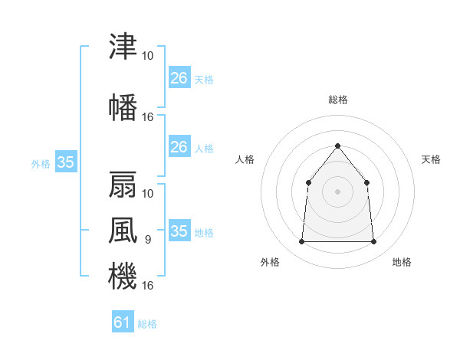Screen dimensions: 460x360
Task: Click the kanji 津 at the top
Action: (x=123, y=46)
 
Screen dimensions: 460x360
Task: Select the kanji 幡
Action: (x=123, y=107)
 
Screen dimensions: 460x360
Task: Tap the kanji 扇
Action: (x=123, y=185)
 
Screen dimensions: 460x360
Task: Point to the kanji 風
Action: (x=123, y=230)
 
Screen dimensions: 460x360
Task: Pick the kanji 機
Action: (x=123, y=276)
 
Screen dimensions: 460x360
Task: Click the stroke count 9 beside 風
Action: (x=148, y=240)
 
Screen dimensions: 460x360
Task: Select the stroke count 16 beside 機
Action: (x=147, y=285)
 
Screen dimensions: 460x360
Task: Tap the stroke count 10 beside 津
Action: (x=147, y=56)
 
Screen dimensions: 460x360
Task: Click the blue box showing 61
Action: (x=123, y=321)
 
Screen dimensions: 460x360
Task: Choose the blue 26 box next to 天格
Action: (x=179, y=77)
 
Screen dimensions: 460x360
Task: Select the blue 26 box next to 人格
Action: (x=179, y=146)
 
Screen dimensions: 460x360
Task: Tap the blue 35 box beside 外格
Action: (x=66, y=162)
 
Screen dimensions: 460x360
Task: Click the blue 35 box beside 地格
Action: (x=179, y=230)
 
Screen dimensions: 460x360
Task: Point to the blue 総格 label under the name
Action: (x=147, y=324)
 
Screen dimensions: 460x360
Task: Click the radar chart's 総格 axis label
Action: (x=338, y=100)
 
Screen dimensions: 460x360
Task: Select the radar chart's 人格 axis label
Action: (x=245, y=159)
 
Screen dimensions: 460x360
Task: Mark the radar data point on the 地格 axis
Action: (x=373, y=241)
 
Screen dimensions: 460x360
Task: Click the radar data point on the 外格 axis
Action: (x=301, y=241)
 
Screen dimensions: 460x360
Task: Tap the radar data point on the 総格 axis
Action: (x=337, y=146)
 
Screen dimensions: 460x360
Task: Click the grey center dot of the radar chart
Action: (x=337, y=191)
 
